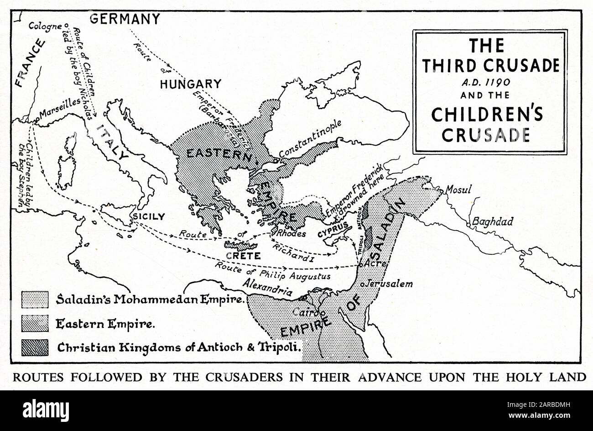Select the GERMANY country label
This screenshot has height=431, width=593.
click(x=125, y=19)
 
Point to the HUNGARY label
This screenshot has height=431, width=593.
click(x=190, y=84)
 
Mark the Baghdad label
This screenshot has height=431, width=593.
click(x=492, y=221)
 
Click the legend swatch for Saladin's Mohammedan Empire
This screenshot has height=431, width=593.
click(x=35, y=300)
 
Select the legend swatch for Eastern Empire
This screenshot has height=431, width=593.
click(x=35, y=323)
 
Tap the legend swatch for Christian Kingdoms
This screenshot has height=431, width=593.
click(x=35, y=347)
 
